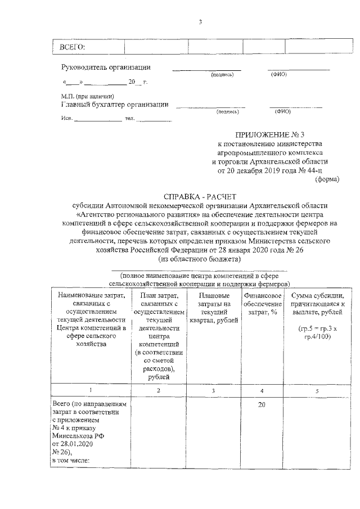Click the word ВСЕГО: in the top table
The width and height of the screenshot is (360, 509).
pyautogui.click(x=72, y=46)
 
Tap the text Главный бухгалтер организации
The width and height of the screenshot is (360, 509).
pyautogui.click(x=114, y=104)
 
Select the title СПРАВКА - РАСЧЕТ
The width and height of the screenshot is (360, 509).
pyautogui.click(x=200, y=197)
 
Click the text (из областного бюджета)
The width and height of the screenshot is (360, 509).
pyautogui.click(x=200, y=259)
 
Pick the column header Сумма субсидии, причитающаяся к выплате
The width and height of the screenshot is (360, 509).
pyautogui.click(x=318, y=304)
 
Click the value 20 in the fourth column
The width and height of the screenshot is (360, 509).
pyautogui.click(x=262, y=404)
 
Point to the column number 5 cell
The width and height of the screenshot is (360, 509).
pyautogui.click(x=317, y=390)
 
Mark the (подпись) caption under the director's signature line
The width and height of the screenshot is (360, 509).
pyautogui.click(x=222, y=75)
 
